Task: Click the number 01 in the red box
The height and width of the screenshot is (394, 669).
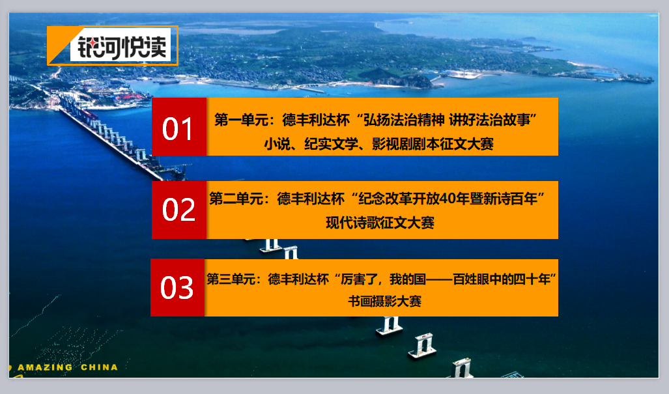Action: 177,129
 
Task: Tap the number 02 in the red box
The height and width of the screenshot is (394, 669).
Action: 178,209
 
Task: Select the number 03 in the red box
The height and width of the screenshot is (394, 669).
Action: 177,287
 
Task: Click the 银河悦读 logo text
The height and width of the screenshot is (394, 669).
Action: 122,46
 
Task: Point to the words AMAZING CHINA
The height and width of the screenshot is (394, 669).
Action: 67,367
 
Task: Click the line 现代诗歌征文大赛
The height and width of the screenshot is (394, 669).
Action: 380,223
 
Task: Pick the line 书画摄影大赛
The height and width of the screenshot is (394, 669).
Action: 384,301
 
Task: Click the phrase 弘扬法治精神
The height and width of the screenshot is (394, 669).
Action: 404,120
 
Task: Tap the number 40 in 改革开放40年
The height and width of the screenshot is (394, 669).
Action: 448,199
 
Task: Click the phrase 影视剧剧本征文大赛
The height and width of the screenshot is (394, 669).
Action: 433,144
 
